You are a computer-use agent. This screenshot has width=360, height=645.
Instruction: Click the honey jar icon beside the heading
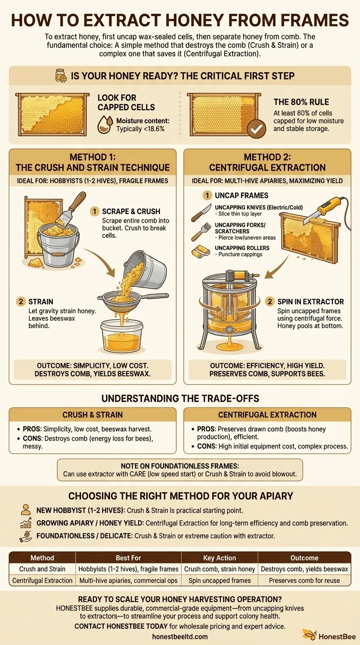click(60, 75)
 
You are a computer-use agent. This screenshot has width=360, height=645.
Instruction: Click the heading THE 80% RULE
click(301, 102)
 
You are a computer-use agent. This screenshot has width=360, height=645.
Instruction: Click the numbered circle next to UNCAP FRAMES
click(207, 195)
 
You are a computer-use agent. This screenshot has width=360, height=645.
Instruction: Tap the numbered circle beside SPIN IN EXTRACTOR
click(270, 301)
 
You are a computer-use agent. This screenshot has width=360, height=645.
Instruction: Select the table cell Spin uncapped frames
click(220, 580)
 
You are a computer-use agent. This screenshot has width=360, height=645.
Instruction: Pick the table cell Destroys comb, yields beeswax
click(304, 569)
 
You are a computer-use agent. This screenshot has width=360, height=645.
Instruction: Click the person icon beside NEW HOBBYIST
click(25, 510)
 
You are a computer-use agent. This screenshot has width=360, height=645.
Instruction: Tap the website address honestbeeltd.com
click(180, 636)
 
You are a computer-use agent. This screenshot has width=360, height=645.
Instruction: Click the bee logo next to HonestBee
click(309, 635)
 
